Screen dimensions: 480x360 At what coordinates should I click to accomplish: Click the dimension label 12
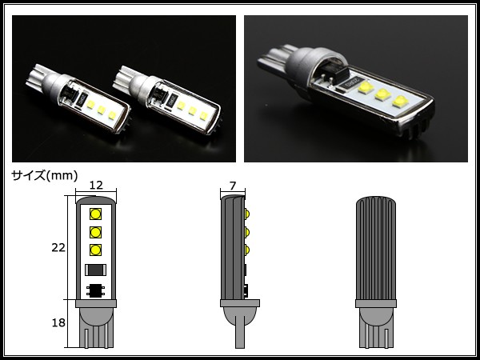click(x=96, y=185)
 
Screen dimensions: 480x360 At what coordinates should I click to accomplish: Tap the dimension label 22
click(x=58, y=247)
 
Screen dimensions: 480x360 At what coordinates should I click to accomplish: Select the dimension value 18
click(x=58, y=322)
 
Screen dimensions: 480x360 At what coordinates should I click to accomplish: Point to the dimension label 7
click(x=233, y=186)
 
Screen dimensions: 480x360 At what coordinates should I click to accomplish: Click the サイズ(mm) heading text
click(x=45, y=176)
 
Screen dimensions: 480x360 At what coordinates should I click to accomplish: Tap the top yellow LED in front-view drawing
click(x=95, y=214)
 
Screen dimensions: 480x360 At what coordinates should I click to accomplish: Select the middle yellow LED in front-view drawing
click(x=95, y=232)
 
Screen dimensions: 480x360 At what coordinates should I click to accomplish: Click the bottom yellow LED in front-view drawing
click(x=95, y=250)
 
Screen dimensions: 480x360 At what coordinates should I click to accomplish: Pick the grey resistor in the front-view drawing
click(x=95, y=270)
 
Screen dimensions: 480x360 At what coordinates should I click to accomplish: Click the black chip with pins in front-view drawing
click(x=95, y=290)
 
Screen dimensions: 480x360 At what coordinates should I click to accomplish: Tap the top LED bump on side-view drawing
click(x=247, y=214)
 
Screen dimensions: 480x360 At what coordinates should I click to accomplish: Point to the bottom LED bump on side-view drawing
click(x=247, y=250)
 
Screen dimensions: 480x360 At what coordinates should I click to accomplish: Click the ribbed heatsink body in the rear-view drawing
click(x=376, y=248)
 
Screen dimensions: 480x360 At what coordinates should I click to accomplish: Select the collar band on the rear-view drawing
click(x=376, y=303)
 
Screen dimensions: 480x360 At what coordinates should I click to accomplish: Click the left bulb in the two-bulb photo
click(x=78, y=98)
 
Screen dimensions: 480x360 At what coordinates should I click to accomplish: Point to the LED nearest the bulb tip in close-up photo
click(x=401, y=102)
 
